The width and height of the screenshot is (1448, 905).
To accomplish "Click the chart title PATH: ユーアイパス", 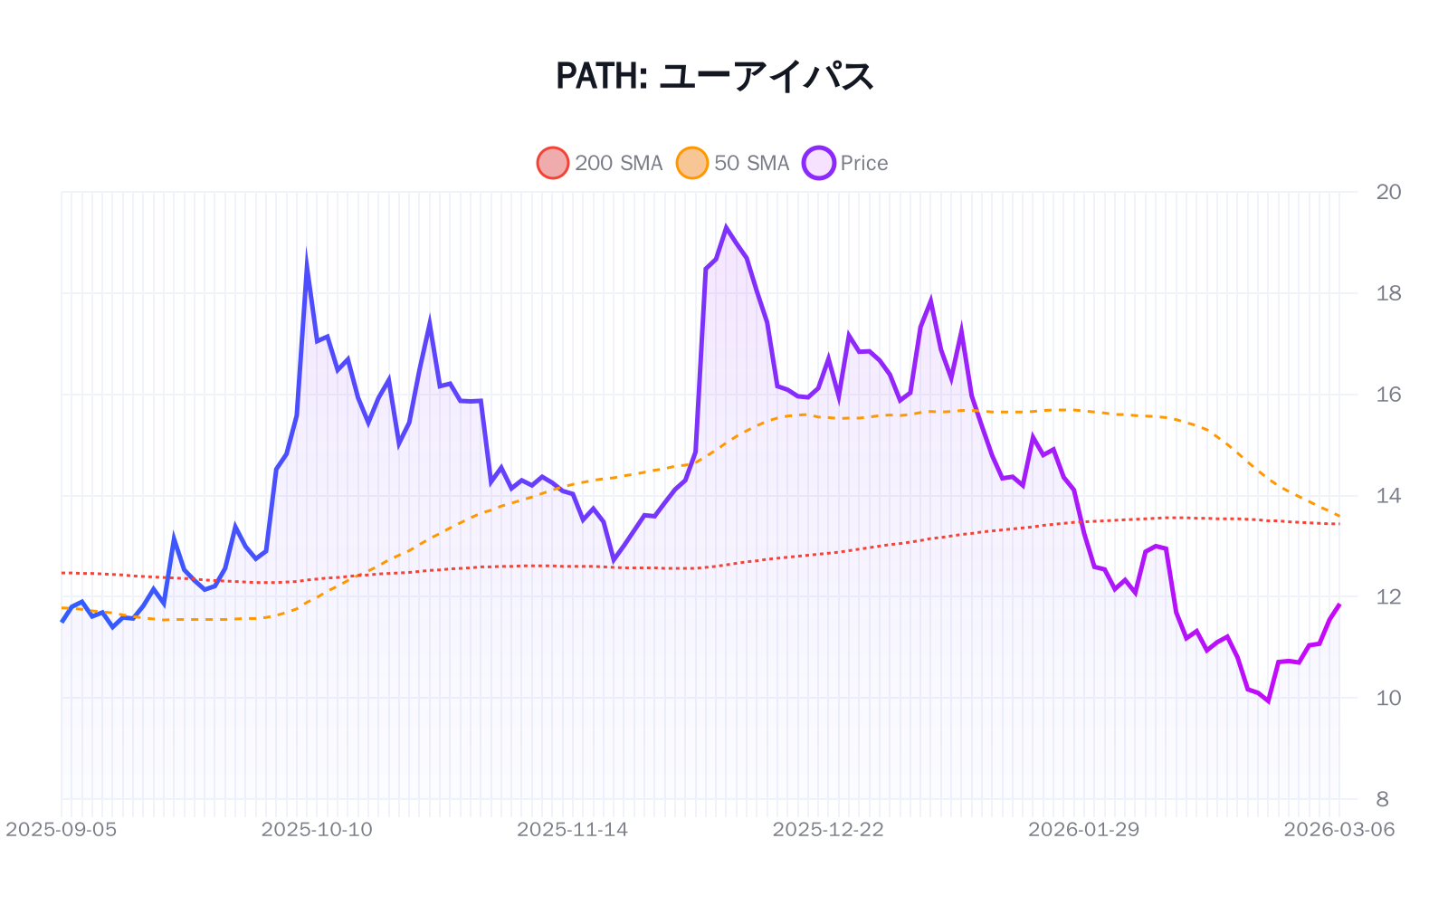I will (x=714, y=76).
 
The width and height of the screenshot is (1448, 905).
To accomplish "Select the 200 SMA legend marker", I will (x=553, y=163).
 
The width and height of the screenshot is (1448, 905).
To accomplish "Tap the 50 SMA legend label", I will (x=751, y=163).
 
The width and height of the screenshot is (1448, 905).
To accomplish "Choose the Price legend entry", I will (x=863, y=163).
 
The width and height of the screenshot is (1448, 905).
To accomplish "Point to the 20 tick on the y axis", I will (x=1387, y=192).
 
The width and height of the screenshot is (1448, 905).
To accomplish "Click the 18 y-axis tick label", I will (x=1387, y=293).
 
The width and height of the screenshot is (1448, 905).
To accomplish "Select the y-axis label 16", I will (x=1387, y=395).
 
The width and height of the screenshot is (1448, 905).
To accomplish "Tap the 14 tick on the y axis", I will (x=1387, y=496).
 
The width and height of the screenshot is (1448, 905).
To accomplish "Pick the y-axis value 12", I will (x=1387, y=597).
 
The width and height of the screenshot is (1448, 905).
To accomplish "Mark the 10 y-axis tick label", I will (x=1387, y=698).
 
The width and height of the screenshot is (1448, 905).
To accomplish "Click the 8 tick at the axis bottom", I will (x=1382, y=799).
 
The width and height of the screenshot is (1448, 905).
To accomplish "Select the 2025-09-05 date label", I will (x=62, y=830).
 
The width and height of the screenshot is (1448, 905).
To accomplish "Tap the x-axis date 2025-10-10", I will (x=317, y=830).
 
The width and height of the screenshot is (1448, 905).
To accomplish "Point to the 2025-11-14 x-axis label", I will (x=572, y=830).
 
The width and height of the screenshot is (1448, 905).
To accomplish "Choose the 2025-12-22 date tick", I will (x=828, y=830).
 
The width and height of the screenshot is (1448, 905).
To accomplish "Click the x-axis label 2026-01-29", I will (x=1083, y=830).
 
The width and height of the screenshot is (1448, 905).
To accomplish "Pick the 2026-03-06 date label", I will (x=1338, y=830).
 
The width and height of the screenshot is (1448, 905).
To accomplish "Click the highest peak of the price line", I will (x=726, y=228).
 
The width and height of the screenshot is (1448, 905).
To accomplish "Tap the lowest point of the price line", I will (x=1268, y=700).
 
